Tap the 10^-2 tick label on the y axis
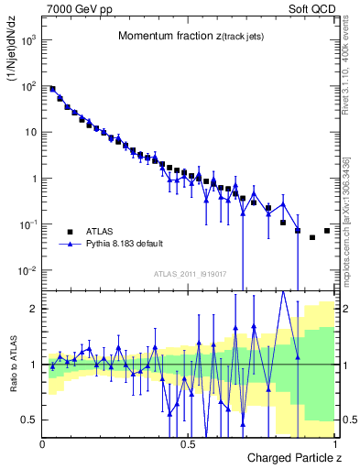point(27,270)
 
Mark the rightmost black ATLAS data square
point(327,231)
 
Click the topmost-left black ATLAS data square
point(52,89)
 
